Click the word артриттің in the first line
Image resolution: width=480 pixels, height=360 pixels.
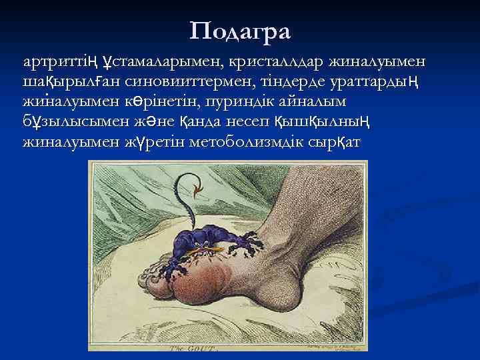(x=61, y=63)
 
